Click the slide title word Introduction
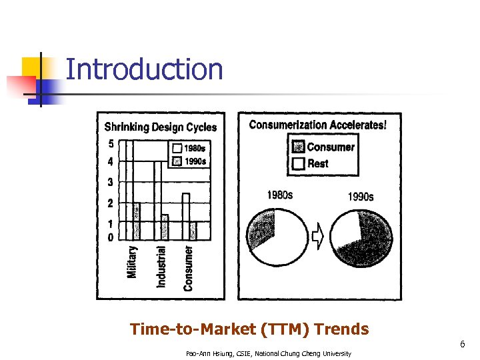click(145, 69)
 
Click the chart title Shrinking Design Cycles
click(160, 127)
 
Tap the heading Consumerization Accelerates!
click(317, 125)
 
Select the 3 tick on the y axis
click(111, 182)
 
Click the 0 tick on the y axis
click(111, 237)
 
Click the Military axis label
click(132, 262)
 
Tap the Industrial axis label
click(161, 267)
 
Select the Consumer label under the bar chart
click(189, 268)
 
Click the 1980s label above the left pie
click(279, 195)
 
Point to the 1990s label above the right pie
click(361, 197)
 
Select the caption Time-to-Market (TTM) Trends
click(249, 329)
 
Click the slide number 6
click(461, 345)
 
